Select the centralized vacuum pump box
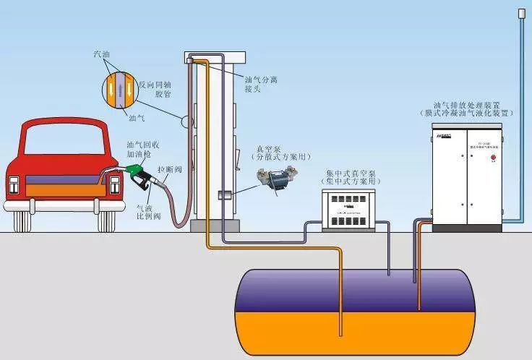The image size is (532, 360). click(x=350, y=210)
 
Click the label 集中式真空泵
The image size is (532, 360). click(x=351, y=173)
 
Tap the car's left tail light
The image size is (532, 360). click(x=14, y=186)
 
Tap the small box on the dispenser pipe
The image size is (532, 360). click(x=225, y=194)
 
